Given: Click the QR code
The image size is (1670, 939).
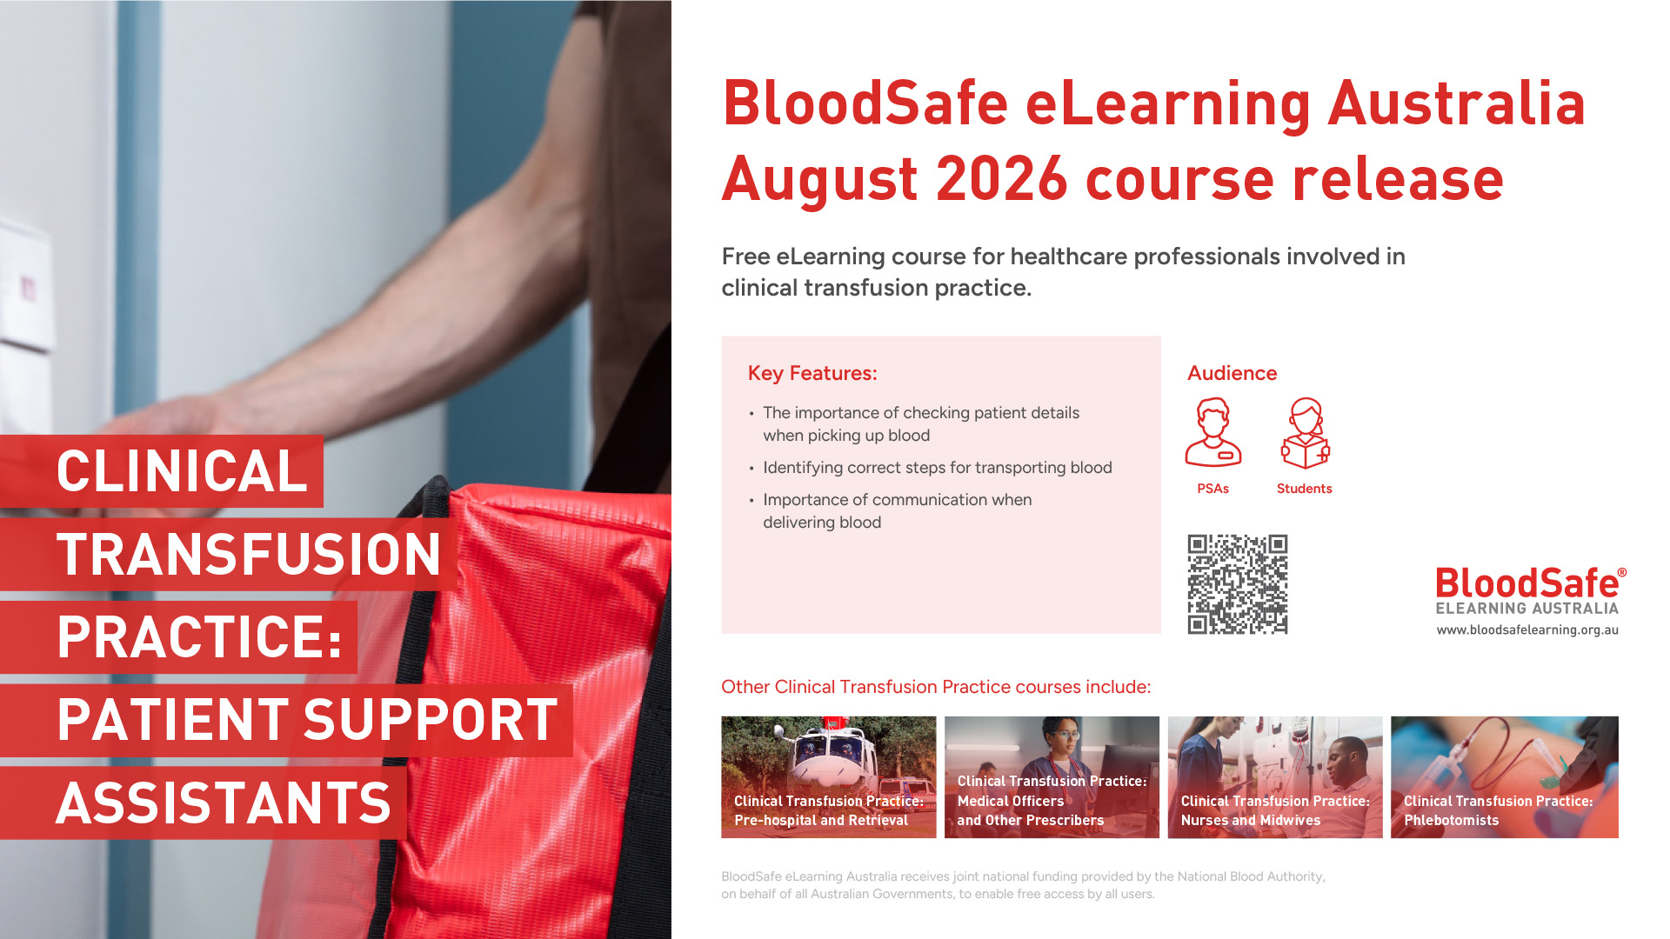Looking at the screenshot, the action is [1238, 584].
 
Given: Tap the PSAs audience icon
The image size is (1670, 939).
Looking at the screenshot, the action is [1213, 433].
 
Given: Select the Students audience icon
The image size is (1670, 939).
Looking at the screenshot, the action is [1306, 434].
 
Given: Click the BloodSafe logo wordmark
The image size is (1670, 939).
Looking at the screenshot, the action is [1527, 583].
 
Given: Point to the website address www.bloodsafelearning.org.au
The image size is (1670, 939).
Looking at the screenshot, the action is [1527, 629].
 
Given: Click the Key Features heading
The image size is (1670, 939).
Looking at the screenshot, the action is [812, 373].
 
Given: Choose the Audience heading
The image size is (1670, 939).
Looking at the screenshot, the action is [1232, 373].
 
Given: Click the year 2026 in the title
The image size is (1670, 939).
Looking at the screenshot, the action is [1001, 179].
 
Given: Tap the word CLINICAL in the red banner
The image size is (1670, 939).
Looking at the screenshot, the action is [182, 471].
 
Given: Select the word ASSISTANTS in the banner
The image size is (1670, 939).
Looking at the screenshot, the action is [224, 802].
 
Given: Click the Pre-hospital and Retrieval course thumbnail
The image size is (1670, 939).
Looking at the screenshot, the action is [828, 777].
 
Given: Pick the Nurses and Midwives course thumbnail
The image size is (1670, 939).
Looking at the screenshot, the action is [1275, 777].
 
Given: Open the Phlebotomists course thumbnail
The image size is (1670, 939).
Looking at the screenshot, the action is [1505, 777].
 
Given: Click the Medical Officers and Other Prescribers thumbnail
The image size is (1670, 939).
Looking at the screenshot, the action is [1052, 777].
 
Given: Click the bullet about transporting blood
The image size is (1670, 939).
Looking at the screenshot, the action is [937, 468].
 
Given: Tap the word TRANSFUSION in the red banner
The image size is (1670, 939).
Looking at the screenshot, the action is [249, 555].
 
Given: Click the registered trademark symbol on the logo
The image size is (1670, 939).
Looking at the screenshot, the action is [1622, 573].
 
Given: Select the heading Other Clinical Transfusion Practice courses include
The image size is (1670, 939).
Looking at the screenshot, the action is [936, 687].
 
